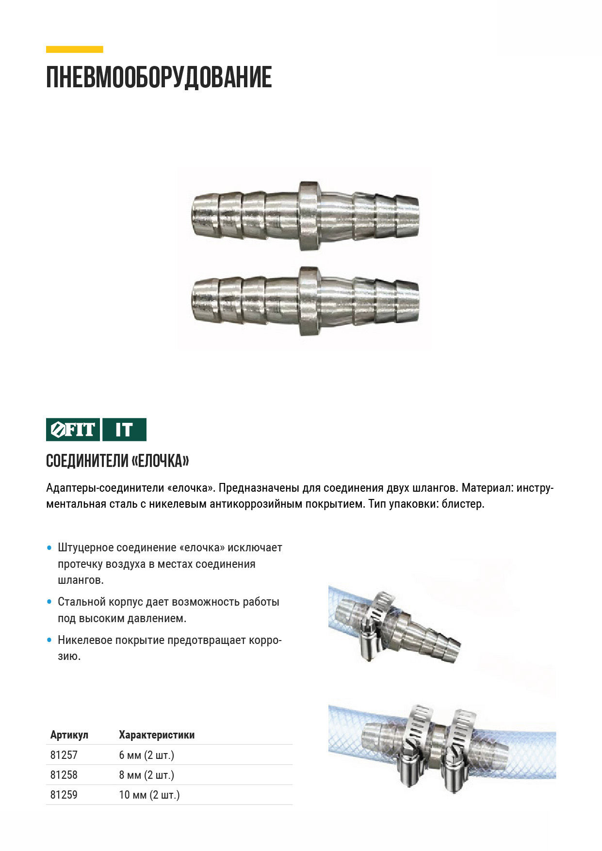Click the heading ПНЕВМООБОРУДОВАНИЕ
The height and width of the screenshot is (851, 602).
click(x=159, y=78)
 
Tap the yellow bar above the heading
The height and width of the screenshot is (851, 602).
click(x=75, y=49)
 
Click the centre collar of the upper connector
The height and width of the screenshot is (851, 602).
click(x=309, y=216)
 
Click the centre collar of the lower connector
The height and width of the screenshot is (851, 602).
click(x=309, y=301)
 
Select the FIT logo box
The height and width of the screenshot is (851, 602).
click(x=73, y=430)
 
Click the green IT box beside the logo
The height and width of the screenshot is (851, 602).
click(x=124, y=430)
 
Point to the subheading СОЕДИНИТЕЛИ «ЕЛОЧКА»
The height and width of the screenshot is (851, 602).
click(x=117, y=461)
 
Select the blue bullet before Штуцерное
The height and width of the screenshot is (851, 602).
click(x=49, y=548)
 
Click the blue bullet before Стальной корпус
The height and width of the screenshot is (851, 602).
click(x=49, y=602)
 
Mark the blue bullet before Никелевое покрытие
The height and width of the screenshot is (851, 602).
click(x=49, y=640)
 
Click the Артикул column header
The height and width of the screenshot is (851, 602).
click(x=69, y=735)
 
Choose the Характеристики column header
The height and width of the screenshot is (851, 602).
click(x=157, y=735)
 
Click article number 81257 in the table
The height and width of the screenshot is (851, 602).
click(x=64, y=755)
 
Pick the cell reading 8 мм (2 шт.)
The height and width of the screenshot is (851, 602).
click(x=146, y=775)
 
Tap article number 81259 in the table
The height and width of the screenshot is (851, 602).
click(x=64, y=795)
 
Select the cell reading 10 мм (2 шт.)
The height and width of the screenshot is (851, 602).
click(x=149, y=795)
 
